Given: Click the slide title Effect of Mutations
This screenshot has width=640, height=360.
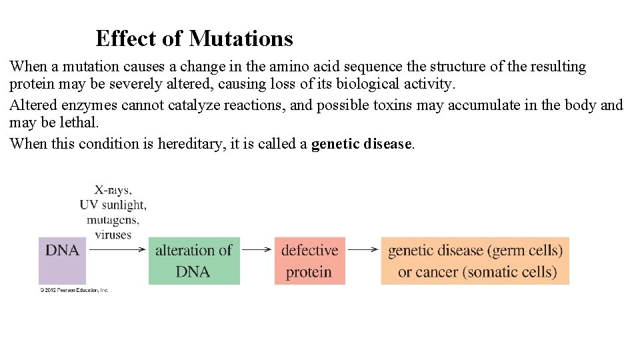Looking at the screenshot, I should [194, 39].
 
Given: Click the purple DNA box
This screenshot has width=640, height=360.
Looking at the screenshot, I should [62, 261].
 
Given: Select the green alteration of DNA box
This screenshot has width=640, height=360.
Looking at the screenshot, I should [193, 261].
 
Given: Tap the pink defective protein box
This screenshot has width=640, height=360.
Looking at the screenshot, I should [309, 261].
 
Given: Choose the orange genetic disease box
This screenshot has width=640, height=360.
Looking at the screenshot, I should [475, 261].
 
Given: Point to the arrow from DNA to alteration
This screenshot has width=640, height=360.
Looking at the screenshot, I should [117, 250].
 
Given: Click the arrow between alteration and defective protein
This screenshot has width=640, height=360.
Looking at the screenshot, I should [257, 250].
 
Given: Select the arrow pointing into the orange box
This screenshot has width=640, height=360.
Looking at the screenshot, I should [363, 250].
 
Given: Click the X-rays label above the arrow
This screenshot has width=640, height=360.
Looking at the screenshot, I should [113, 189].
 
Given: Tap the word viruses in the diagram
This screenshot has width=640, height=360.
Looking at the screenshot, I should [113, 234].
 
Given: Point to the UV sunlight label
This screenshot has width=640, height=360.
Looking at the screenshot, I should [113, 204].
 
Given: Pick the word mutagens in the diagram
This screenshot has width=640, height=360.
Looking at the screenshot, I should [113, 219].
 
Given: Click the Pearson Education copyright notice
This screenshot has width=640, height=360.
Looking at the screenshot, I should [73, 290].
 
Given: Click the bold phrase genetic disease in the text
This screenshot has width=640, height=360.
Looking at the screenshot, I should [361, 144].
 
